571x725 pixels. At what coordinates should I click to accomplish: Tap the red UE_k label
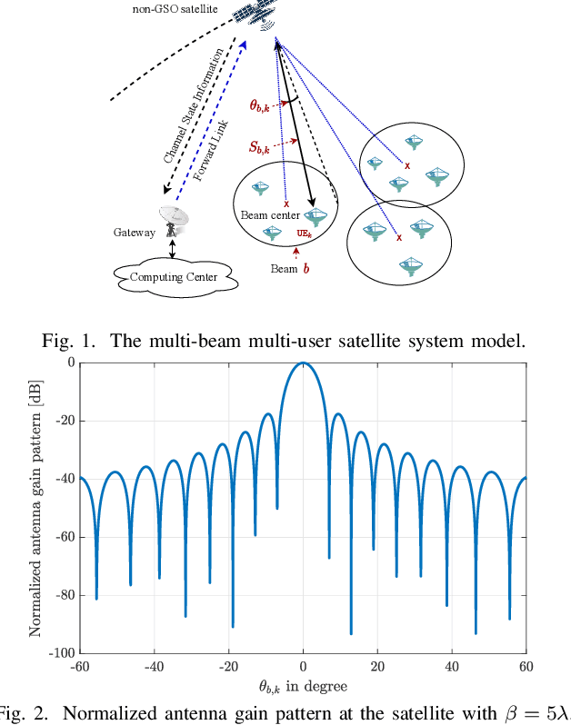pyautogui.click(x=305, y=233)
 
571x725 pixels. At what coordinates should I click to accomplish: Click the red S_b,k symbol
pyautogui.click(x=264, y=145)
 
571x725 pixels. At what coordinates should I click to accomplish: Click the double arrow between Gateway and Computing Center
pyautogui.click(x=172, y=250)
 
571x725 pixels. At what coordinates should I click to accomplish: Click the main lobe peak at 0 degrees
pyautogui.click(x=304, y=363)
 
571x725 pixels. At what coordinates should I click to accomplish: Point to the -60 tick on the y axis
pyautogui.click(x=64, y=536)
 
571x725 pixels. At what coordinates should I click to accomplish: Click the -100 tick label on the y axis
pyautogui.click(x=60, y=652)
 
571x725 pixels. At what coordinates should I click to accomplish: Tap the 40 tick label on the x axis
pyautogui.click(x=452, y=666)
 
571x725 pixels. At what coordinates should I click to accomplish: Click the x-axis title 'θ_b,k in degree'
pyautogui.click(x=304, y=686)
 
